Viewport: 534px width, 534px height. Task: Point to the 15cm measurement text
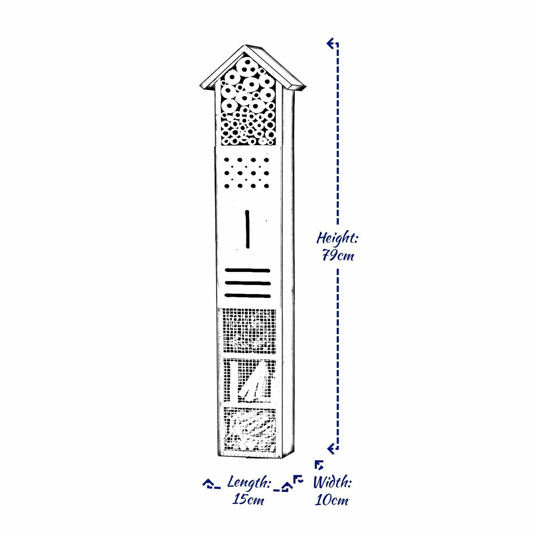click(248, 500)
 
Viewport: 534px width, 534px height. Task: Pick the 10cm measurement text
click(332, 500)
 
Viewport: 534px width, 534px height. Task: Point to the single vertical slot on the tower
click(247, 229)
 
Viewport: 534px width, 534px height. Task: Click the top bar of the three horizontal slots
click(247, 270)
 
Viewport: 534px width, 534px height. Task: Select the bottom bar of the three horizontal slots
click(247, 295)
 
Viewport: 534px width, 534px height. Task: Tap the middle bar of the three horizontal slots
click(247, 283)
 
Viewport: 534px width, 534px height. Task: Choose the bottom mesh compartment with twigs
click(250, 429)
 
